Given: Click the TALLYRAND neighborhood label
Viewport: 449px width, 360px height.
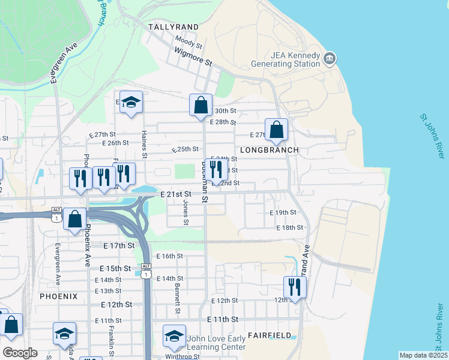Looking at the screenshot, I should coord(173,27).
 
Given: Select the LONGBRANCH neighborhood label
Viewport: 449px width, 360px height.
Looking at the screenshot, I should coord(269,149).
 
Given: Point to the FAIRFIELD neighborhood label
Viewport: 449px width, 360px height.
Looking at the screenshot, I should coord(270,335).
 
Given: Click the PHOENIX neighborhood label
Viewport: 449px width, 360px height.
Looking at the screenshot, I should coord(59,296).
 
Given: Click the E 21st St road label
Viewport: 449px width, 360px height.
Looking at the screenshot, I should coord(176,194).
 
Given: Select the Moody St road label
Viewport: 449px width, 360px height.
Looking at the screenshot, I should coord(188,43).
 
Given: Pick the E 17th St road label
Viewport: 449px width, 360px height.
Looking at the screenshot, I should coord(118,246).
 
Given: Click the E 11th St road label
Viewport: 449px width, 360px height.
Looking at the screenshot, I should coord(223,319).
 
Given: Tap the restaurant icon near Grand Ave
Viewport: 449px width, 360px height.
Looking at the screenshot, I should coord(294,286).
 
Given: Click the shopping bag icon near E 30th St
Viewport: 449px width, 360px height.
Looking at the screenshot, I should coord(200,104).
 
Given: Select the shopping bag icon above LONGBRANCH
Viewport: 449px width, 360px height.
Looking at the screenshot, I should coord(276,129).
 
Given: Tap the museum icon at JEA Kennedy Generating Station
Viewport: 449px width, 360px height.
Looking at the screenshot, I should coord(330,58).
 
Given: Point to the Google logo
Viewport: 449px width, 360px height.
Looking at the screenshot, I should coord(20,353).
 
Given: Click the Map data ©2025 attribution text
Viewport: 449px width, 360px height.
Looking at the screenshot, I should coord(423,355).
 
